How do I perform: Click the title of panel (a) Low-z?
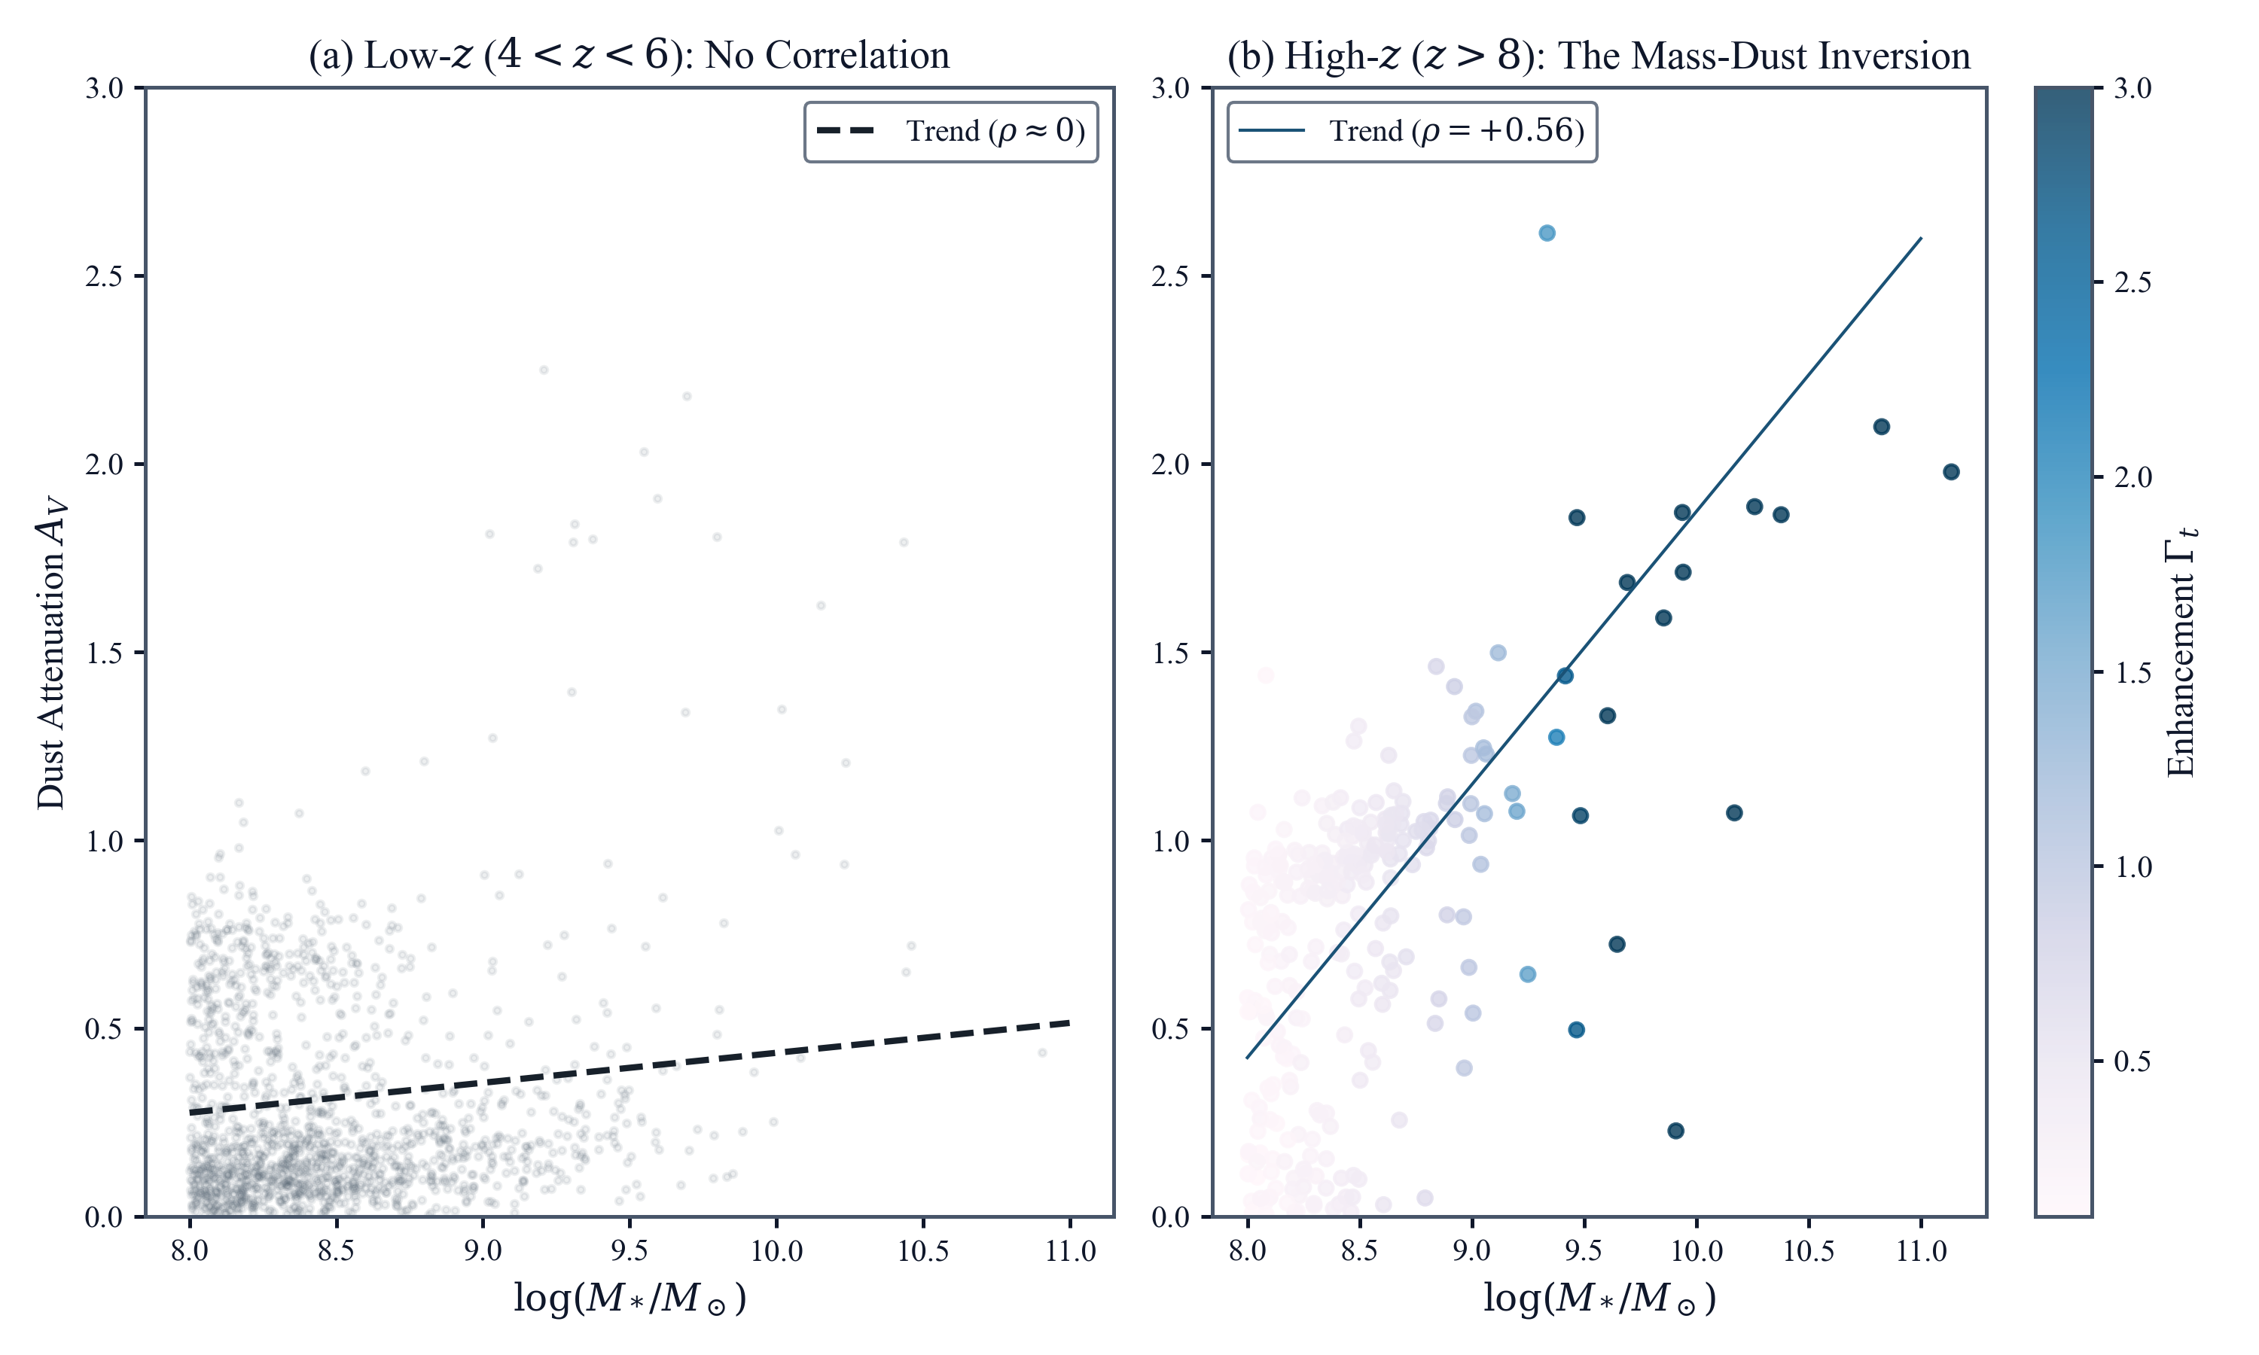[628, 55]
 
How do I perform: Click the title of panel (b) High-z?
[1598, 55]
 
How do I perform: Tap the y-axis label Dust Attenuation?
[51, 652]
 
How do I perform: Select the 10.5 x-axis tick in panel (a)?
[923, 1250]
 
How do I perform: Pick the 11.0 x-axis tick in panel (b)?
[1921, 1250]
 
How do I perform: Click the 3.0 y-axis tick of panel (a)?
[104, 89]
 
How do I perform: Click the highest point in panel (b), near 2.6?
[1547, 233]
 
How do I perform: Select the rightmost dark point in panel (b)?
[1951, 472]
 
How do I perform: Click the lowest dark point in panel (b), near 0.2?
[1675, 1131]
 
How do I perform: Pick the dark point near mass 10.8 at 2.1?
[1882, 426]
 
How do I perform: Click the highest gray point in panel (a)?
[544, 370]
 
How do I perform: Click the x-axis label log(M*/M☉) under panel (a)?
[629, 1298]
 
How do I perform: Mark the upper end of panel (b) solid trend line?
[1921, 239]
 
